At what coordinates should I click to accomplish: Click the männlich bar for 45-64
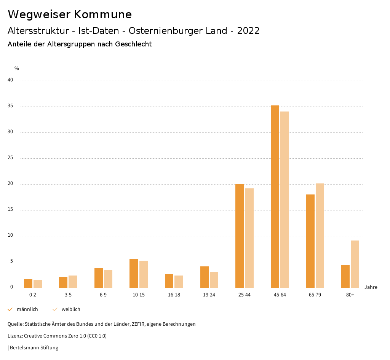coord(275,196)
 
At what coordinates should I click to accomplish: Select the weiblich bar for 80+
coord(355,264)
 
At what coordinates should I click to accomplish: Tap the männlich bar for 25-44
coord(240,236)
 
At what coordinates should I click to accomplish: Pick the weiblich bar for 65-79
coord(320,236)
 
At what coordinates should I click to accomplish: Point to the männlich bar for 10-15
coord(134,273)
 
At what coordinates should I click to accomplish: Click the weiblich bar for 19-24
coord(214,280)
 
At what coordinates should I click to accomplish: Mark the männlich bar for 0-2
coord(28,283)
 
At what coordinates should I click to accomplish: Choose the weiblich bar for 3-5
coord(73,282)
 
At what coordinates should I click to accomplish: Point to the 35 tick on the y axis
coord(10,106)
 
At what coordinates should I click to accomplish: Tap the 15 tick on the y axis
coord(10,210)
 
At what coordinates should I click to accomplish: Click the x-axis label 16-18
coord(174,295)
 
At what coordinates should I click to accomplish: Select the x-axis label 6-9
coord(103,295)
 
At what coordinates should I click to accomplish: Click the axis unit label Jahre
coord(371,287)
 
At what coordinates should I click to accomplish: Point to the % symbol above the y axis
coord(17,68)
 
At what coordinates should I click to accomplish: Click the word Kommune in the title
coord(103,14)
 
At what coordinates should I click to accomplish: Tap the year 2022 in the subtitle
coord(248,31)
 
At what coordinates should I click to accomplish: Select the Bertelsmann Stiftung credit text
coord(34,348)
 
